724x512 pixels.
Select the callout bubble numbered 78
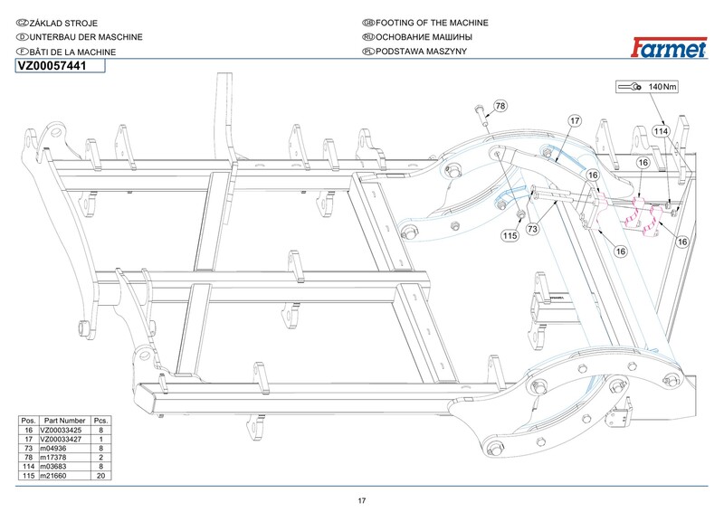[500, 108]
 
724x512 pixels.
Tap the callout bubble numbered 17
[574, 120]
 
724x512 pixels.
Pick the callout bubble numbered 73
[533, 230]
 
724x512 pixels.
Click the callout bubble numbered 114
[662, 131]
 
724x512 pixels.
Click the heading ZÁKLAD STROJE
[63, 21]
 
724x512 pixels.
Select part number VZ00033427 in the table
[64, 439]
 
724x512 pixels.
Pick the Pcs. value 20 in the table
[101, 475]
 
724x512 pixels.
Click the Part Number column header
[64, 421]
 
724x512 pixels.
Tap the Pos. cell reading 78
[28, 457]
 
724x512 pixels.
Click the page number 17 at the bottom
[362, 501]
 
